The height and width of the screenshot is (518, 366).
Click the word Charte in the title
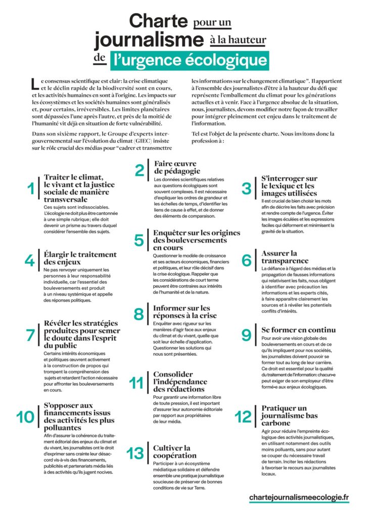(x=159, y=22)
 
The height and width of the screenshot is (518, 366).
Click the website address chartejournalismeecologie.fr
(x=299, y=498)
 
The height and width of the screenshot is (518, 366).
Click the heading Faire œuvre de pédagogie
(x=178, y=167)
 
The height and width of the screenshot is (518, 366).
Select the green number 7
(x=30, y=335)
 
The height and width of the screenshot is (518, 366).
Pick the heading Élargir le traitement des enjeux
(x=80, y=258)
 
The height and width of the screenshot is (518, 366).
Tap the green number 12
(x=243, y=417)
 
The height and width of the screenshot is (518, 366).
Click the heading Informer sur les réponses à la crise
(x=181, y=312)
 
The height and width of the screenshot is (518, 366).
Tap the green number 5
(x=139, y=240)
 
